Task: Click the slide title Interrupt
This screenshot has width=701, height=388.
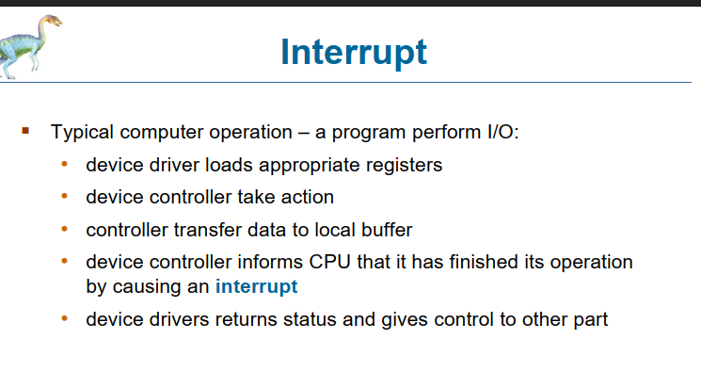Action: pyautogui.click(x=354, y=52)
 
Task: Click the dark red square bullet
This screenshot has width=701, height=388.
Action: pyautogui.click(x=26, y=130)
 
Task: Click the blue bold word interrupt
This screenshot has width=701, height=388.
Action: pyautogui.click(x=257, y=286)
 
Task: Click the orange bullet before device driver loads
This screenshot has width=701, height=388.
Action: pyautogui.click(x=65, y=165)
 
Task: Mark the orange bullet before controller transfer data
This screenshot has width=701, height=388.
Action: pyautogui.click(x=65, y=229)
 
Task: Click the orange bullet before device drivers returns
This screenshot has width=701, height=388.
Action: pyautogui.click(x=65, y=319)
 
